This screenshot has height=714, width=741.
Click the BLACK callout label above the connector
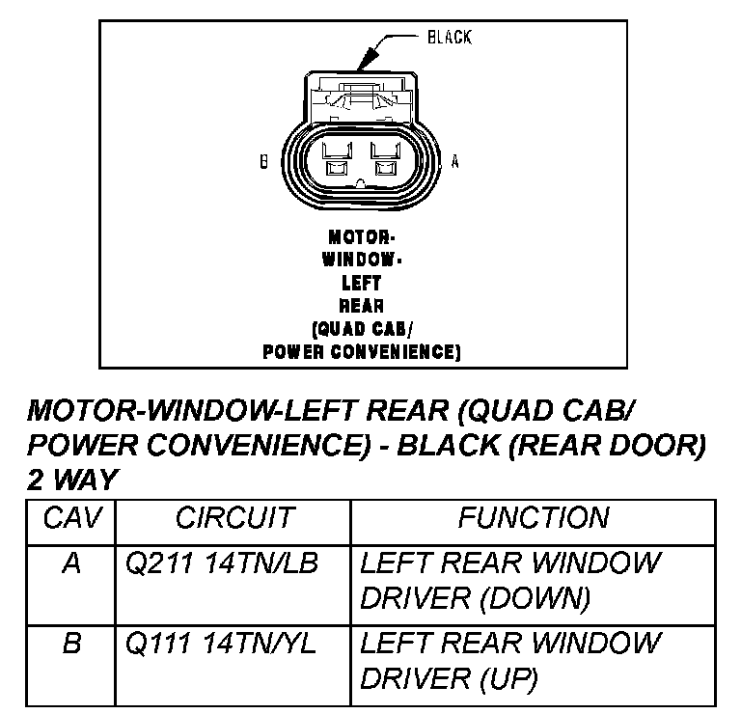pos(449,38)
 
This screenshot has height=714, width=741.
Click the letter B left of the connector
pos(263,163)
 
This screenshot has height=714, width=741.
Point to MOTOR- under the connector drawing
pos(362,236)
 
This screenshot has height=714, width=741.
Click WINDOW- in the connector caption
pos(362,260)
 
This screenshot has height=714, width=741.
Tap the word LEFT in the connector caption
pos(362,283)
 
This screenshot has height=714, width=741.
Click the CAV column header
pos(71,519)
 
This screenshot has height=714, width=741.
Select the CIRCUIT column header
pos(233,519)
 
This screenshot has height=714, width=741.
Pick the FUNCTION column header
pos(533,519)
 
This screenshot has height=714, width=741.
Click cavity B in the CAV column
pos(71,643)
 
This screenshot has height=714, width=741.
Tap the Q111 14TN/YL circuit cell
pos(221,643)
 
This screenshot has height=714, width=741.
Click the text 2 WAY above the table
pos(71,479)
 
